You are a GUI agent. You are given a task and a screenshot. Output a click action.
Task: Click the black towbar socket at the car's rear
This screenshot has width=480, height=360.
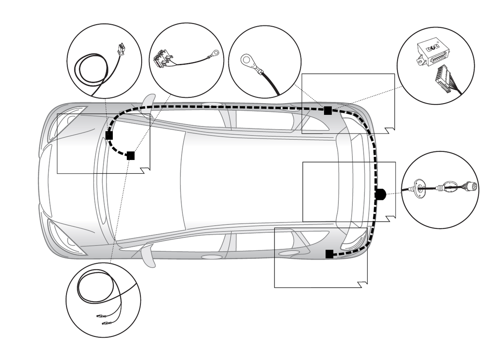tap(380, 194)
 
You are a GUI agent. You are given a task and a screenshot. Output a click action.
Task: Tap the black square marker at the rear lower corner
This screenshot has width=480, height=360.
tap(329, 253)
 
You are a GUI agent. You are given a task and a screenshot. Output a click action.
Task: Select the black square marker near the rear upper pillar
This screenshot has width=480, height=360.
tap(328, 111)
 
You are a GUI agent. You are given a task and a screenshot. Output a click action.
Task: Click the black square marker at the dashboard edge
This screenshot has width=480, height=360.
tap(109, 135)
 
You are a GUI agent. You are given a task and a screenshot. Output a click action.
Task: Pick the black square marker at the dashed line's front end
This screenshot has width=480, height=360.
tap(130, 156)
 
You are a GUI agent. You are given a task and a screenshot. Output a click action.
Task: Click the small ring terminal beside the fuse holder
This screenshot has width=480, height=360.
tap(216, 52)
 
